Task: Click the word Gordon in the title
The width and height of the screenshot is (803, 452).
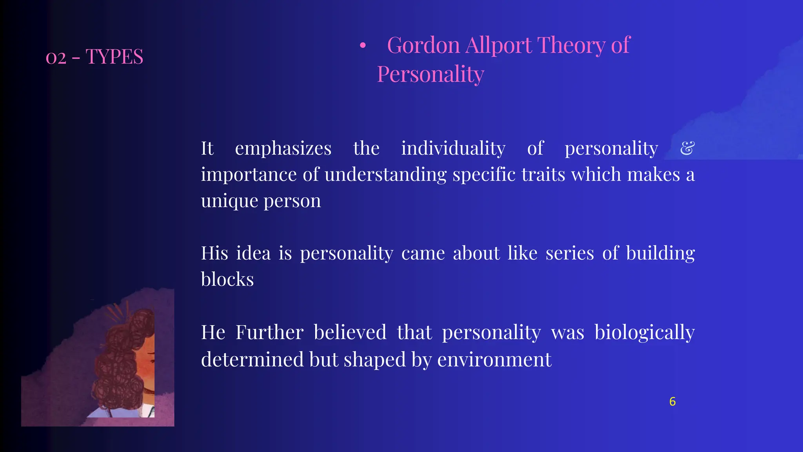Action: point(423,45)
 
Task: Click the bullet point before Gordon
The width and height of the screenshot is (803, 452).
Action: point(363,46)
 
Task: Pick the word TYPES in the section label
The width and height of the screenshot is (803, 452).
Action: point(114,56)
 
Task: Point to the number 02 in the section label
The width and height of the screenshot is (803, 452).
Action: point(56,58)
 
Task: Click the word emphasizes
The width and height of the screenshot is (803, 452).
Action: point(283,148)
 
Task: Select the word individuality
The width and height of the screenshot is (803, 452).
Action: point(453,148)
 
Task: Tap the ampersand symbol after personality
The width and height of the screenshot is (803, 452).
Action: point(687,148)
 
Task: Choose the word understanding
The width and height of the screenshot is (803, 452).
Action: point(385,174)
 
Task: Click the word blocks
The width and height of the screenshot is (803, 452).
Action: point(227,279)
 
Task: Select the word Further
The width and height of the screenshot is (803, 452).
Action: point(269,332)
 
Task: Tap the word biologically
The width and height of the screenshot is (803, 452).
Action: point(645,332)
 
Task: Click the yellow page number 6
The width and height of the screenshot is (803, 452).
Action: point(672,401)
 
